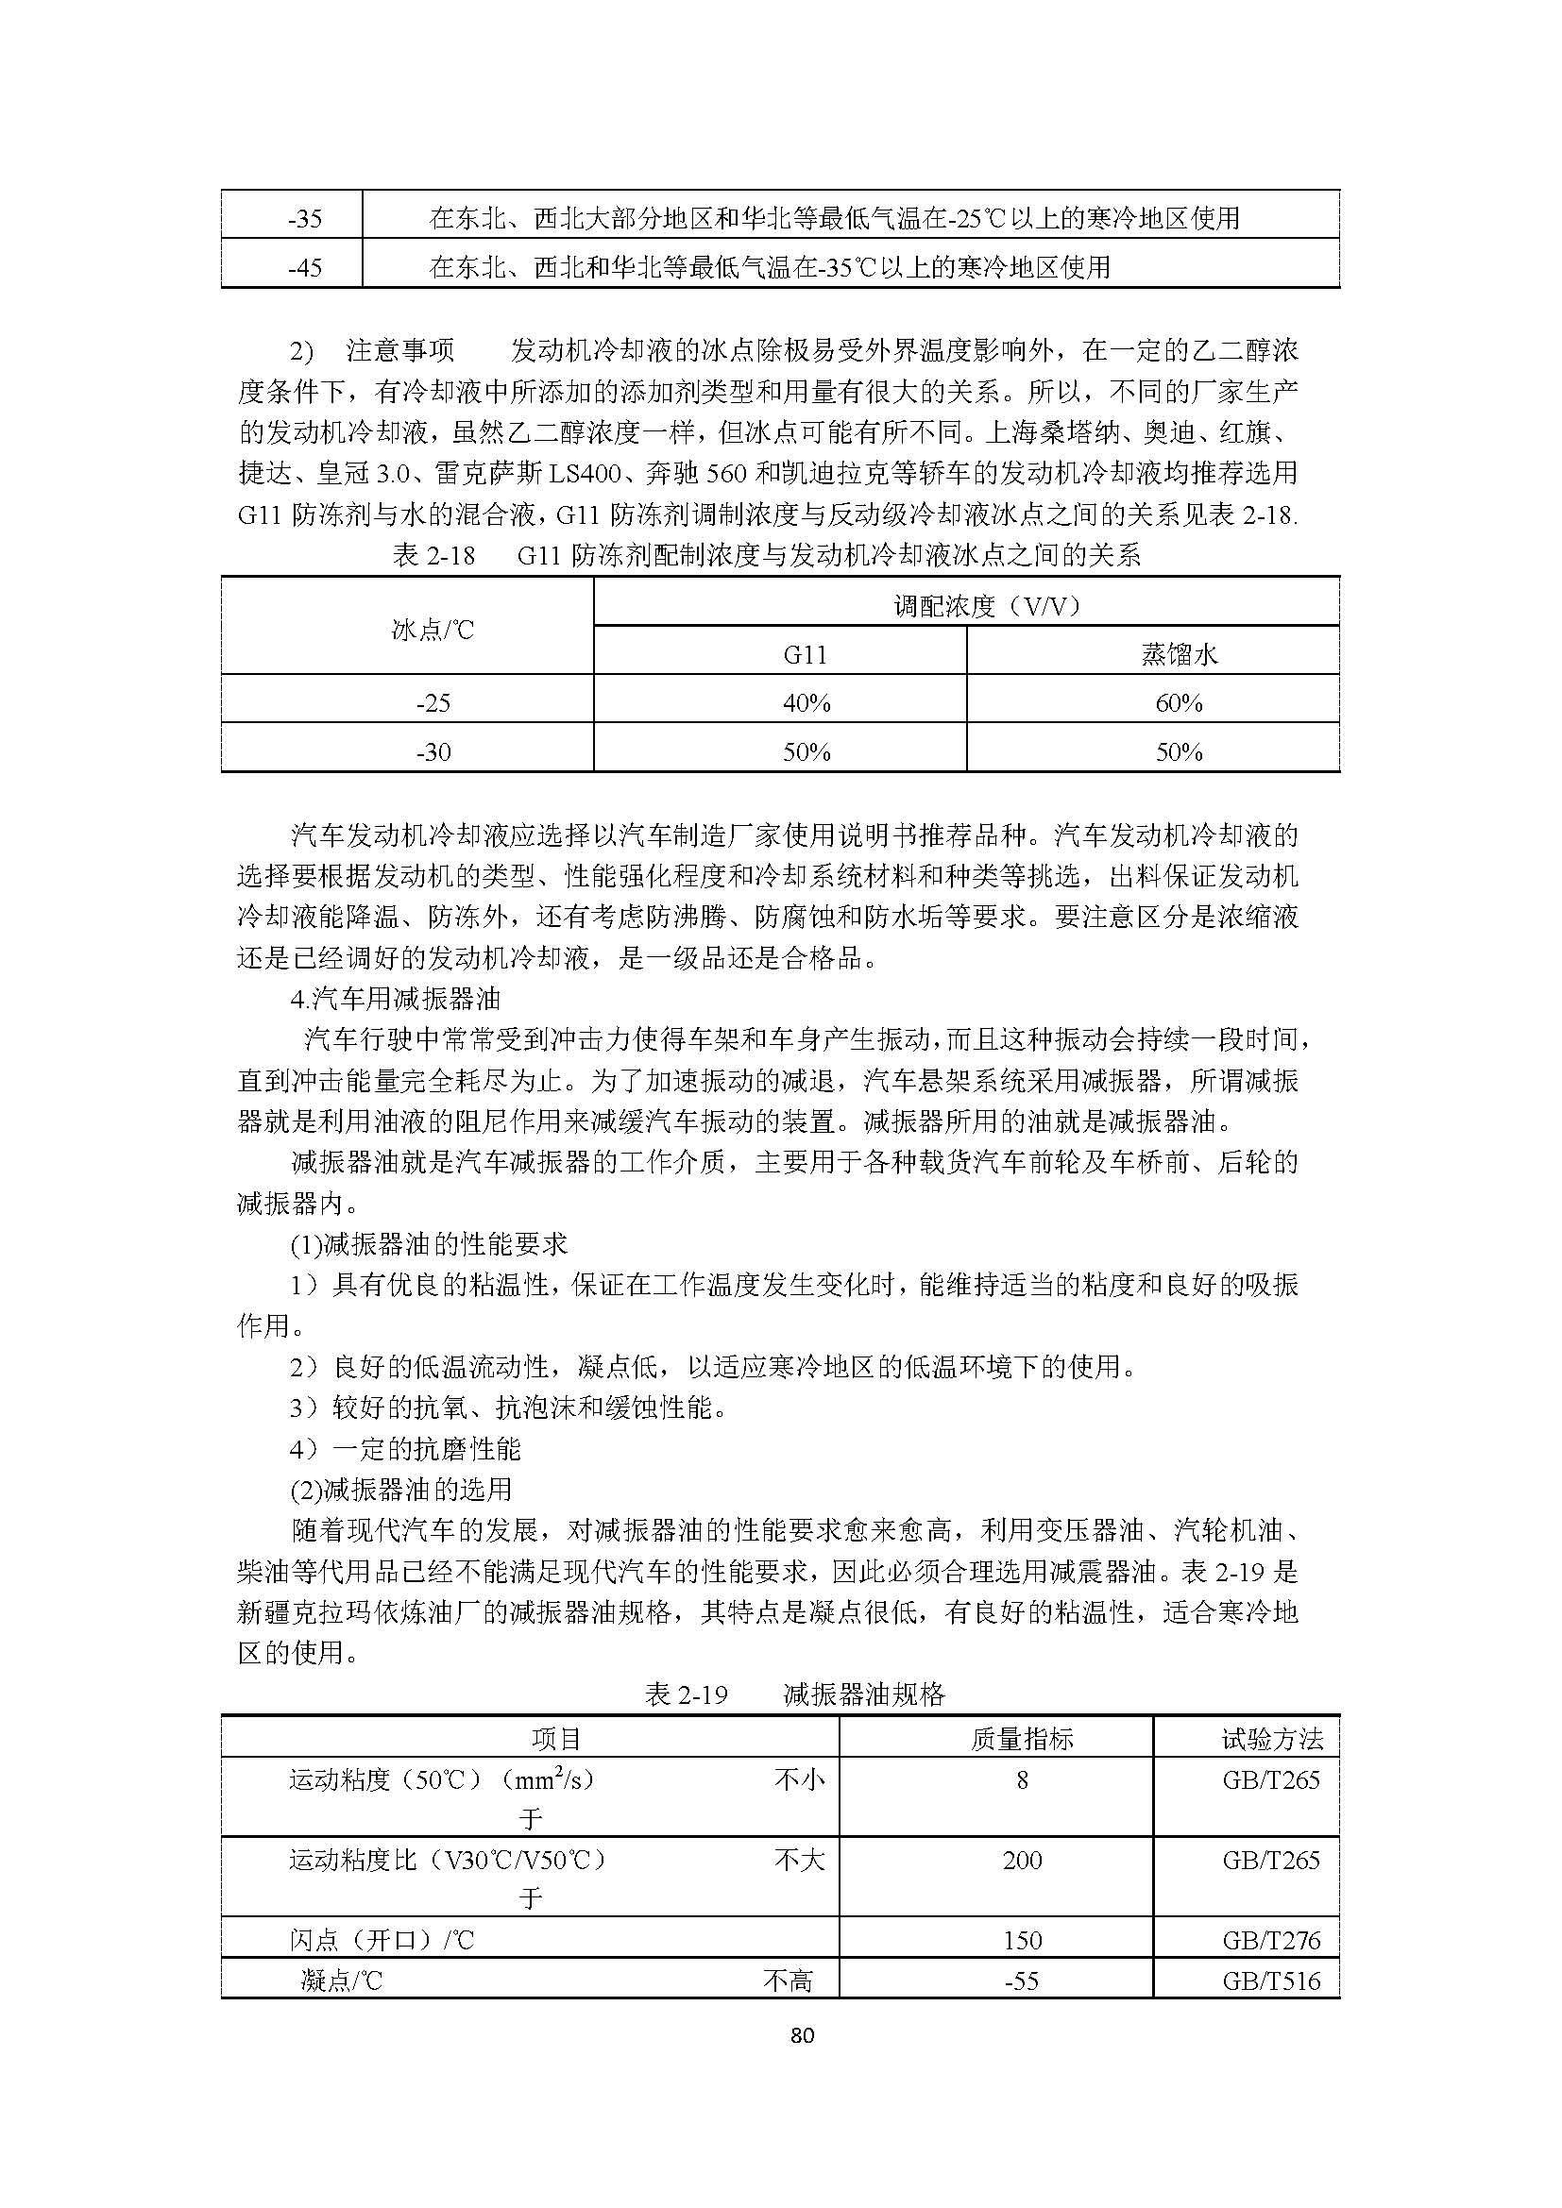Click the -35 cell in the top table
(x=305, y=219)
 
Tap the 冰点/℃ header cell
(x=433, y=630)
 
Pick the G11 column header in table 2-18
(x=805, y=655)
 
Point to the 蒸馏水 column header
(x=1180, y=655)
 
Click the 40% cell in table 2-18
(x=806, y=703)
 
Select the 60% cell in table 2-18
(x=1180, y=703)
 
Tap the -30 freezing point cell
(x=433, y=751)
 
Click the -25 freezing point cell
(x=433, y=703)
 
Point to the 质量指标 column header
(x=1022, y=1739)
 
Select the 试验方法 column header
(x=1271, y=1739)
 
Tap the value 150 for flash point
(x=1022, y=1940)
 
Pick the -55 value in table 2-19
(x=1022, y=1981)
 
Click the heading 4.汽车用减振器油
(x=396, y=999)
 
